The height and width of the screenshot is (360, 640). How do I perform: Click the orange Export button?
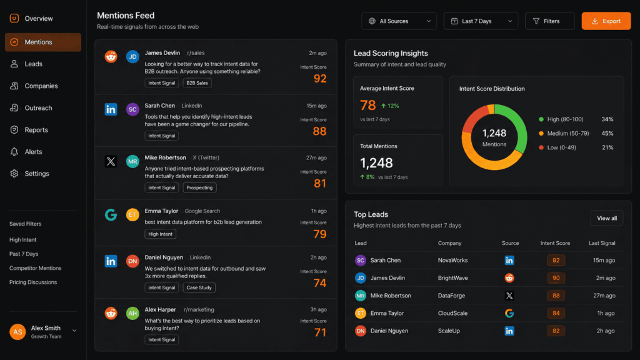click(x=606, y=21)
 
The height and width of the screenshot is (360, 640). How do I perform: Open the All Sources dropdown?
click(x=399, y=21)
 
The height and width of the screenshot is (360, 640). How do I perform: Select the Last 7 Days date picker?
click(x=481, y=21)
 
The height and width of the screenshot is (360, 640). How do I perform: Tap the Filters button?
click(x=549, y=21)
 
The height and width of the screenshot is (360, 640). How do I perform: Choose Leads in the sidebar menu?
click(x=33, y=64)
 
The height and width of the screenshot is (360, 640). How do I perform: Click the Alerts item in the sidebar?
click(x=33, y=152)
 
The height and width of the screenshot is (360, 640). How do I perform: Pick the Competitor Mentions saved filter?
click(x=35, y=268)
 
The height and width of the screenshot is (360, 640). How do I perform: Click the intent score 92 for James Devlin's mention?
click(x=320, y=78)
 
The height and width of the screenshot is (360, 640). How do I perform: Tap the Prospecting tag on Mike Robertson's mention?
click(x=199, y=187)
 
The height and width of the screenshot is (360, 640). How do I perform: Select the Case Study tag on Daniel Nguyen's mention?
click(x=199, y=287)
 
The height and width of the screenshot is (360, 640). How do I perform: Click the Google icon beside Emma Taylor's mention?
click(x=111, y=215)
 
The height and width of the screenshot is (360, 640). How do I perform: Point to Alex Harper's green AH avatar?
click(x=132, y=314)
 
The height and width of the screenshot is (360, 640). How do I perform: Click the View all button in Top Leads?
click(x=606, y=218)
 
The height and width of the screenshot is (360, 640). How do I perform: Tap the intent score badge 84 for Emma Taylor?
click(x=556, y=313)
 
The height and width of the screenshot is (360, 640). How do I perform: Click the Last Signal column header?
click(x=602, y=243)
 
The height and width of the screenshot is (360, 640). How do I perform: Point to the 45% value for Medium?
click(x=607, y=133)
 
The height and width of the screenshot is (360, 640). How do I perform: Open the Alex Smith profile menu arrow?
click(x=75, y=331)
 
